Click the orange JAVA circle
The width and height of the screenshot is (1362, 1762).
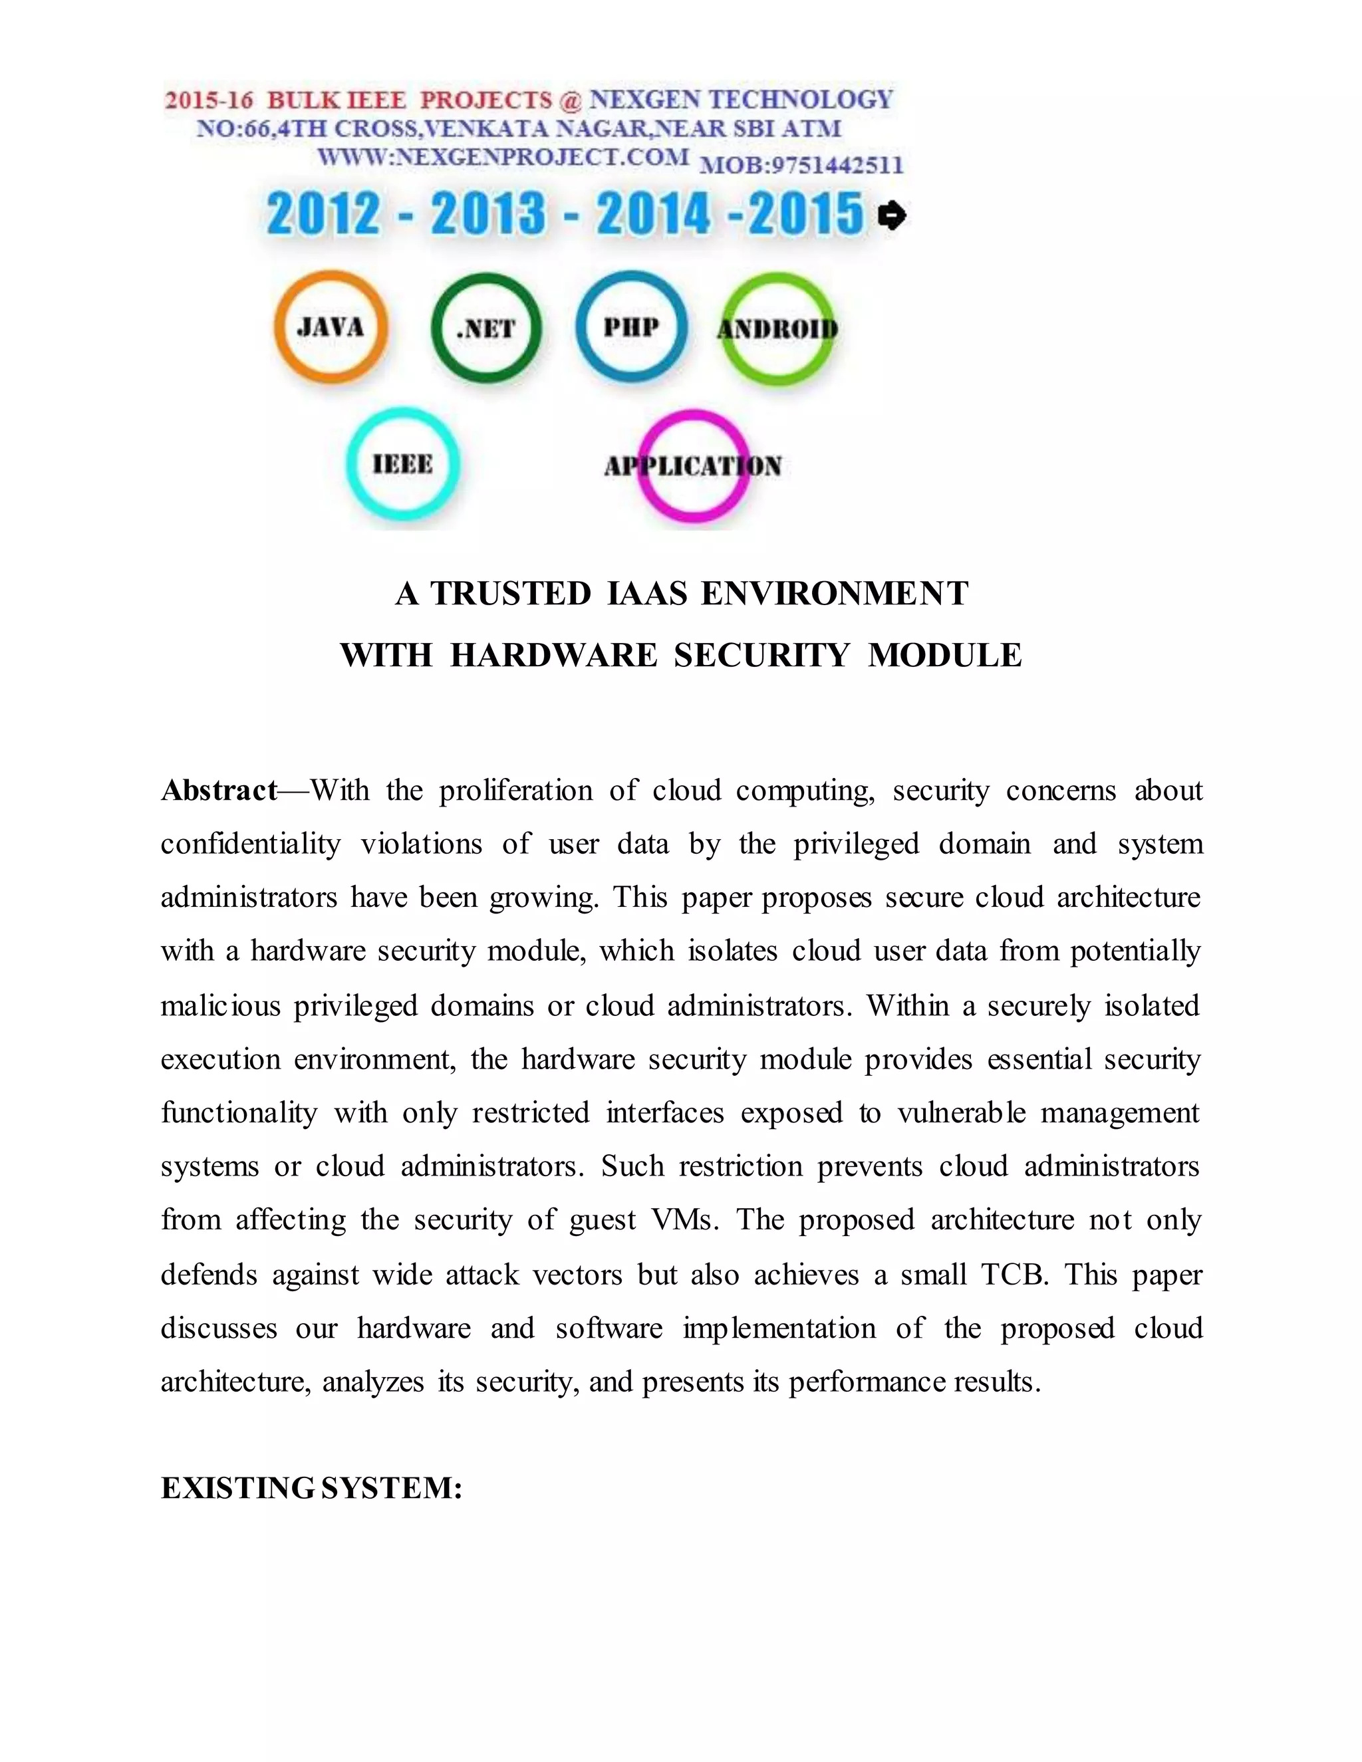click(x=331, y=326)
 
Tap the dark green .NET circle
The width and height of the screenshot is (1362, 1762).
click(x=487, y=328)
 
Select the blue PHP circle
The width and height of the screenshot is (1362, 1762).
click(x=632, y=326)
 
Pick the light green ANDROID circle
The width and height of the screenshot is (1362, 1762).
click(x=777, y=328)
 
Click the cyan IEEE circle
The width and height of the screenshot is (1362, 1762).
click(x=402, y=464)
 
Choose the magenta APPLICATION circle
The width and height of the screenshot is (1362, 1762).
click(x=693, y=465)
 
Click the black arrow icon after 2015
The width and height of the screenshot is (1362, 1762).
click(x=892, y=215)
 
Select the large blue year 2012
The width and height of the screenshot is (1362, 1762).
click(x=323, y=215)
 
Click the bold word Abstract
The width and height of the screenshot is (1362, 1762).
click(x=219, y=791)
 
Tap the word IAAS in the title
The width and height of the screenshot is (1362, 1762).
click(x=646, y=594)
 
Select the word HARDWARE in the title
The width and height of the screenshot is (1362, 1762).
click(x=553, y=655)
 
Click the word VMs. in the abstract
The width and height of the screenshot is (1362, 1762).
click(x=685, y=1220)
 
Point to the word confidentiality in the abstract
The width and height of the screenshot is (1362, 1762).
click(x=250, y=844)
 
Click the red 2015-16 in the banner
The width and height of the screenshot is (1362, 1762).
click(x=209, y=101)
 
